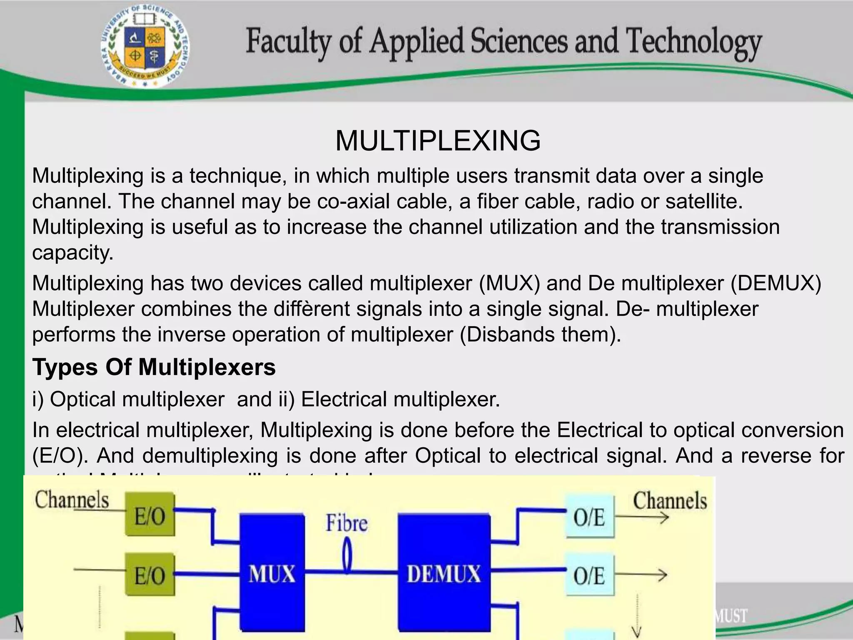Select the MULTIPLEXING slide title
(x=438, y=140)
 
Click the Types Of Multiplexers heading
(x=154, y=367)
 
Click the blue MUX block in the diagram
(x=272, y=574)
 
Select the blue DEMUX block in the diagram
(x=444, y=574)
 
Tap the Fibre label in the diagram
(x=347, y=523)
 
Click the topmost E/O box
(x=150, y=515)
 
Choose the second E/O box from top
(x=150, y=574)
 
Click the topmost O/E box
(x=589, y=517)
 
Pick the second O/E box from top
(x=589, y=575)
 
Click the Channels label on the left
(x=72, y=500)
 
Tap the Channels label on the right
(x=670, y=501)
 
